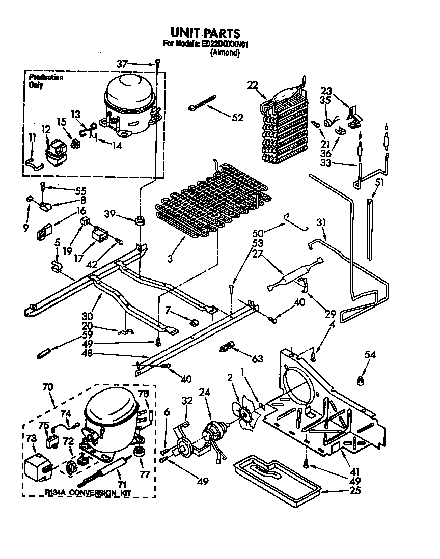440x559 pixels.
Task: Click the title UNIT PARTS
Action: click(205, 34)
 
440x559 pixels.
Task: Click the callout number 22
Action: click(252, 85)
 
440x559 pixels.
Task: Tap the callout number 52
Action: click(237, 118)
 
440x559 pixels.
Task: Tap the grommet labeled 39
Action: click(137, 221)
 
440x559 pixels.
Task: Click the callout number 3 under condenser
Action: click(170, 259)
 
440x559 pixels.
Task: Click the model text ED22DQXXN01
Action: click(225, 44)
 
